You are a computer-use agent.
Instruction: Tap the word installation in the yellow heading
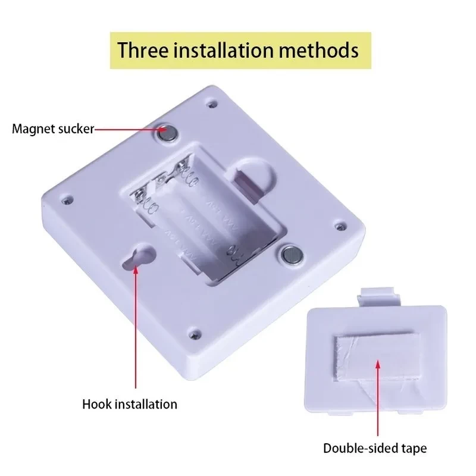pos(223,50)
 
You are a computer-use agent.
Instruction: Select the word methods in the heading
pos(318,50)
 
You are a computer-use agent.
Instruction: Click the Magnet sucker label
pos(53,129)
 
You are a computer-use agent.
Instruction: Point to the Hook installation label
pos(130,405)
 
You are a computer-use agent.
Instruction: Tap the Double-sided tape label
pos(375,448)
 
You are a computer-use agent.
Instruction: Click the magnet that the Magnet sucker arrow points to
pos(168,133)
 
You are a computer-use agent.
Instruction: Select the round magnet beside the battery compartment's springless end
pos(292,255)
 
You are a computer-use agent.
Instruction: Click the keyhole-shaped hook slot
pos(138,255)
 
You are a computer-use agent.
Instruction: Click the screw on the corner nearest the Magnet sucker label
pos(67,200)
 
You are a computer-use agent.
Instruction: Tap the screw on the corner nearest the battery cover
pos(341,226)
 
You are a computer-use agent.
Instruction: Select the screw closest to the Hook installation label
pos(195,335)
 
